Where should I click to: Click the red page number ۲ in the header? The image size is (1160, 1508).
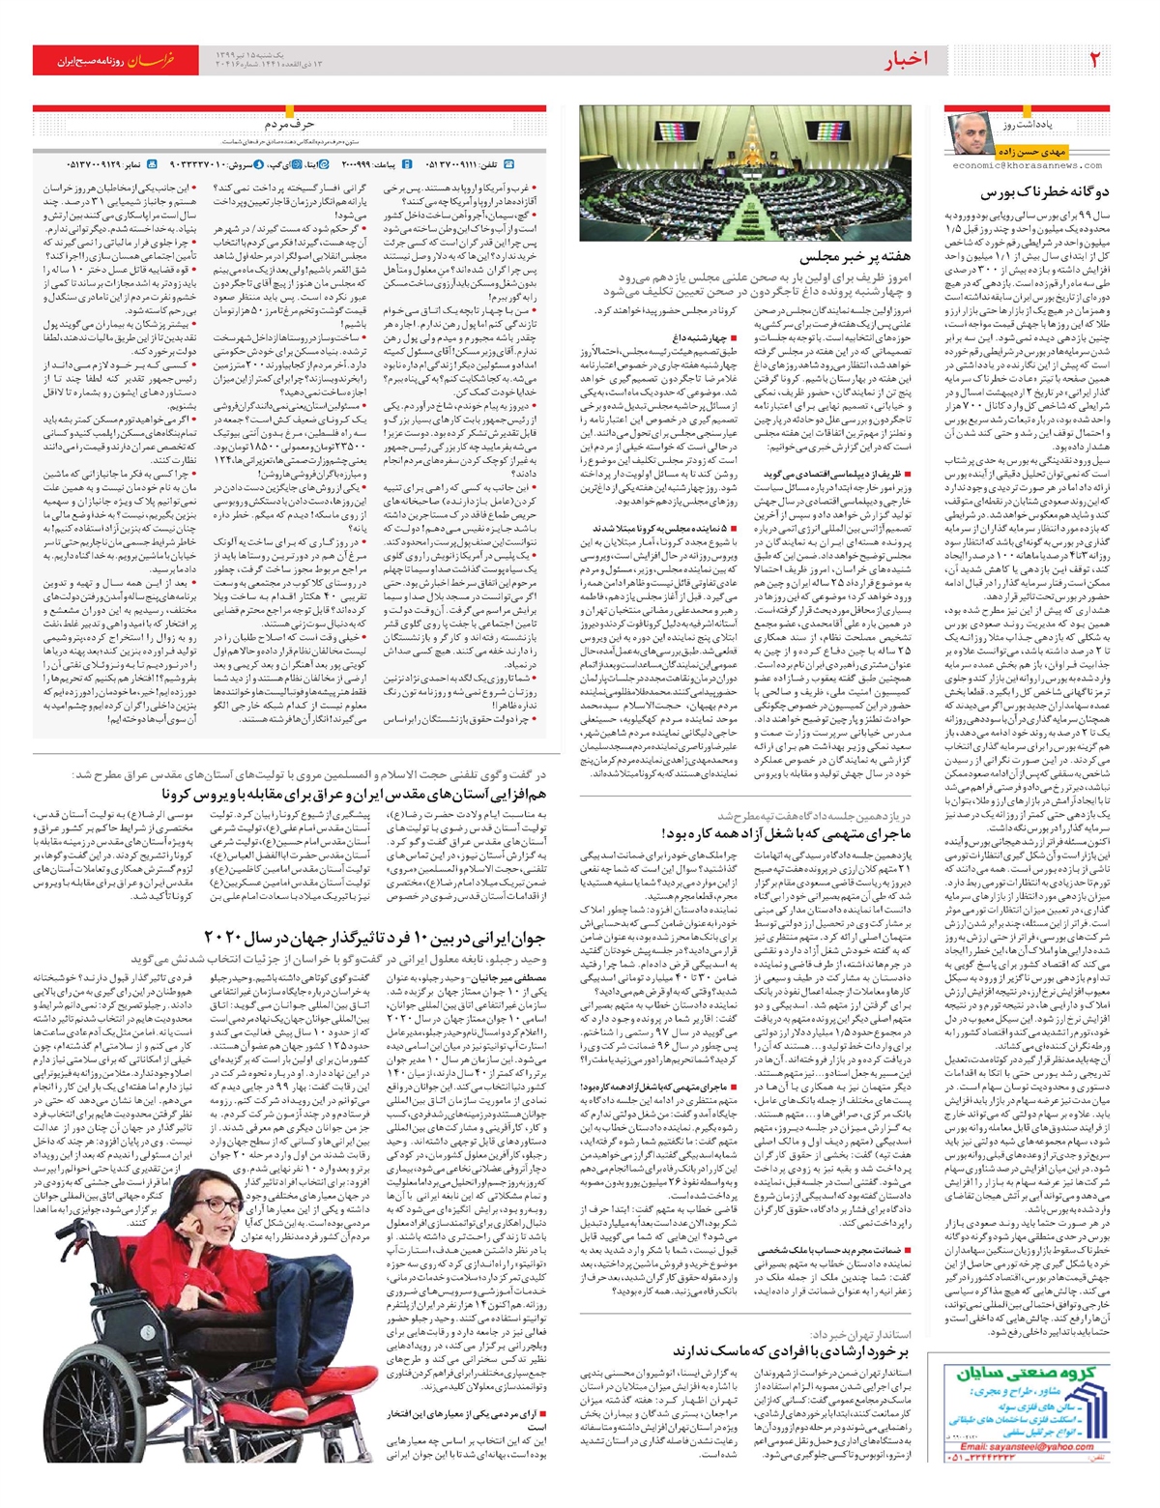tap(1095, 60)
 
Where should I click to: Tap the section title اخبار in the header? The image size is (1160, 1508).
tap(906, 60)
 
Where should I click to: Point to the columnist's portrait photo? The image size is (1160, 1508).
tap(971, 133)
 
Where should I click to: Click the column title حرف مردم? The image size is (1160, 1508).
tap(289, 124)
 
